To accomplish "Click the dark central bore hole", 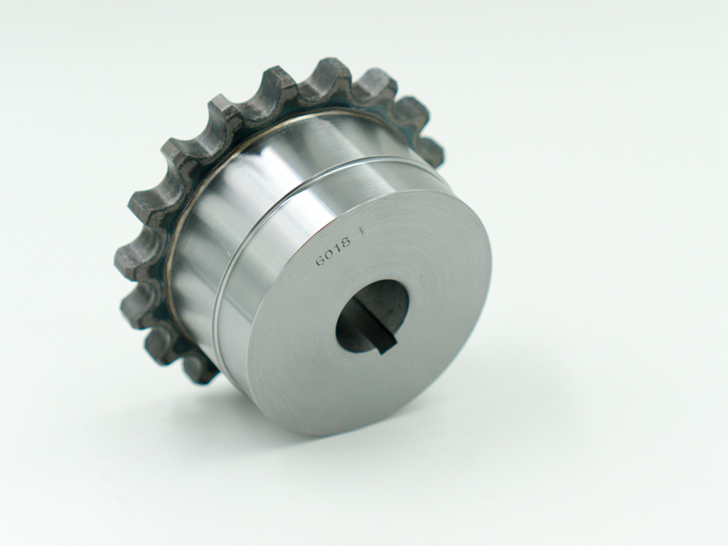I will [x=370, y=313].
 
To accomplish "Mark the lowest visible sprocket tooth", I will [x=201, y=370].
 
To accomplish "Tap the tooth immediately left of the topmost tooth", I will [x=277, y=82].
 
